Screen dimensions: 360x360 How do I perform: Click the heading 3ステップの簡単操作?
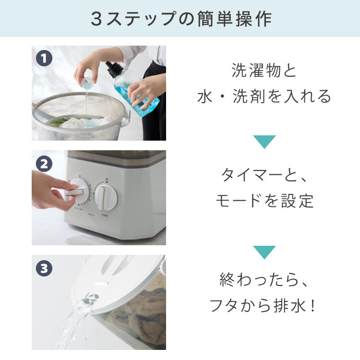[x=180, y=18]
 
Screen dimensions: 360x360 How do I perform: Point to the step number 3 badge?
[x=44, y=268]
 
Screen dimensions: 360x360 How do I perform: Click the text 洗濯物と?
[x=264, y=71]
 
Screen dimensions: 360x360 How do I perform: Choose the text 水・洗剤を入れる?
[x=264, y=96]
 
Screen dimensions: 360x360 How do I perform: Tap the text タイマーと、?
[x=264, y=176]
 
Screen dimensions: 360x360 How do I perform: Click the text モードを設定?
[x=264, y=201]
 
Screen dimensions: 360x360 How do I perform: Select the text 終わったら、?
[x=264, y=280]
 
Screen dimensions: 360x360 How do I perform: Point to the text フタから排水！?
[x=264, y=305]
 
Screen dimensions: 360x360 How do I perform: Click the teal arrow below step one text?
[x=264, y=142]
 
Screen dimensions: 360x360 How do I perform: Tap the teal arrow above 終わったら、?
[x=264, y=252]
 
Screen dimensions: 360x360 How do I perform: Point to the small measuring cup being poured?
[x=87, y=84]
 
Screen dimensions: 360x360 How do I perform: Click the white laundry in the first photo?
[x=77, y=124]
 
